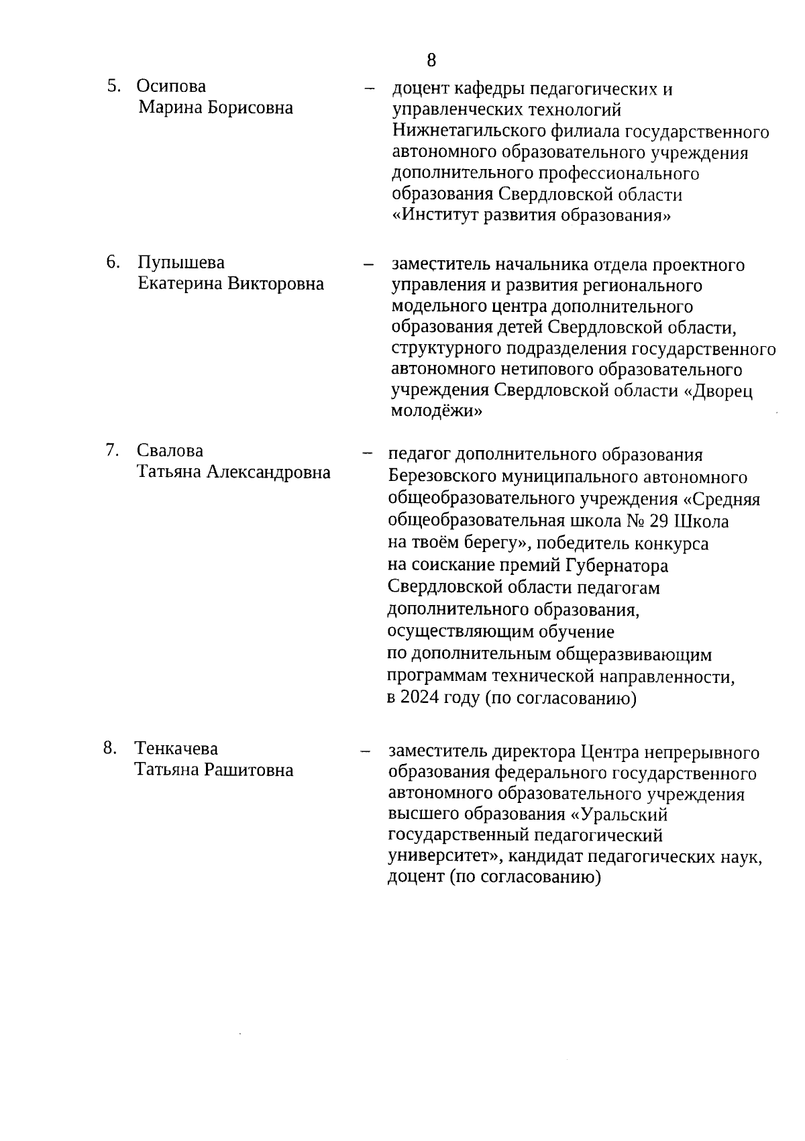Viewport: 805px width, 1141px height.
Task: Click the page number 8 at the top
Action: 431,60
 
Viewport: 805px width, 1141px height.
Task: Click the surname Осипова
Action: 171,86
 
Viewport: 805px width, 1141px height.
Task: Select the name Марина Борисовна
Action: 215,107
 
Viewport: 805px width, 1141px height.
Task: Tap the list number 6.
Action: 113,262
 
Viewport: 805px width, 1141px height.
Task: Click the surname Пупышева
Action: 181,262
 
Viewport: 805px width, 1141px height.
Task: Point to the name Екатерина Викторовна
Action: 231,284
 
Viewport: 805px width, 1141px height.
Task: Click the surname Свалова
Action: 170,450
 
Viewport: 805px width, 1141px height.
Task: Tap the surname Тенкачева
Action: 176,748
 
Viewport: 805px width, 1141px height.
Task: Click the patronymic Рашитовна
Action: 249,769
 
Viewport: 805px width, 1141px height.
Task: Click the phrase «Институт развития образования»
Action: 531,216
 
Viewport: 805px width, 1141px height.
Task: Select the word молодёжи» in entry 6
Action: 436,411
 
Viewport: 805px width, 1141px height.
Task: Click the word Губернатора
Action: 617,565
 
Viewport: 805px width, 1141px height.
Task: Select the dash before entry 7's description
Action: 367,453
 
